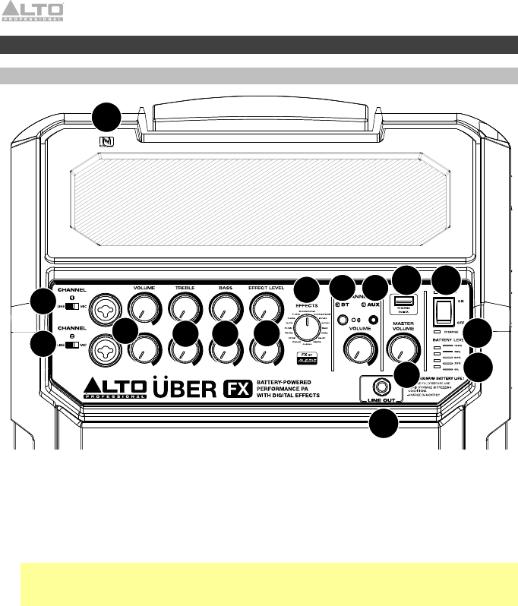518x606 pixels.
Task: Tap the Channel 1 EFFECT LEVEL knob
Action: [263, 307]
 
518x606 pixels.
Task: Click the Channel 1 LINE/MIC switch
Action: [71, 306]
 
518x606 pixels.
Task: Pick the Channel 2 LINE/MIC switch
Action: [71, 345]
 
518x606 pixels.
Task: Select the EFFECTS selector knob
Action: [308, 329]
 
